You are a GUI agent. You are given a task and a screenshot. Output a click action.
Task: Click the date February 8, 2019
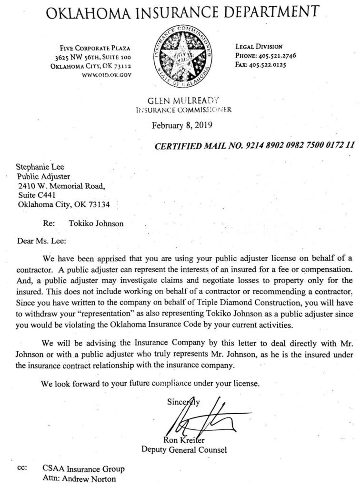(x=182, y=126)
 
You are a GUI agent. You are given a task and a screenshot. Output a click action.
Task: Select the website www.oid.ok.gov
(x=108, y=74)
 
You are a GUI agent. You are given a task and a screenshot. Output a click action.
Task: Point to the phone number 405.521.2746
(x=275, y=55)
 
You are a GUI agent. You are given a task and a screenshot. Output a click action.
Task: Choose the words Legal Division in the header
(x=260, y=47)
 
